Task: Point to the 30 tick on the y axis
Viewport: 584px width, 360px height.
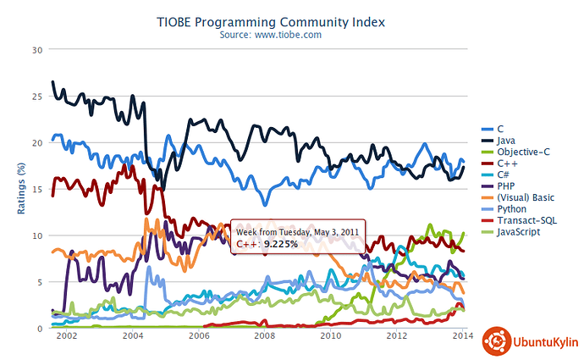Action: click(36, 50)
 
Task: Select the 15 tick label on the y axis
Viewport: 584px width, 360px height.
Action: click(36, 189)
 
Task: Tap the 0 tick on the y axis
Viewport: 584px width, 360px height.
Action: click(39, 328)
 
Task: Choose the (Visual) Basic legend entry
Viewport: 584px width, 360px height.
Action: click(525, 197)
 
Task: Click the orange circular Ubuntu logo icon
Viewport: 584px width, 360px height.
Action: click(496, 342)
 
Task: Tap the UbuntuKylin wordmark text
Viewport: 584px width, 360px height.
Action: click(543, 343)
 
